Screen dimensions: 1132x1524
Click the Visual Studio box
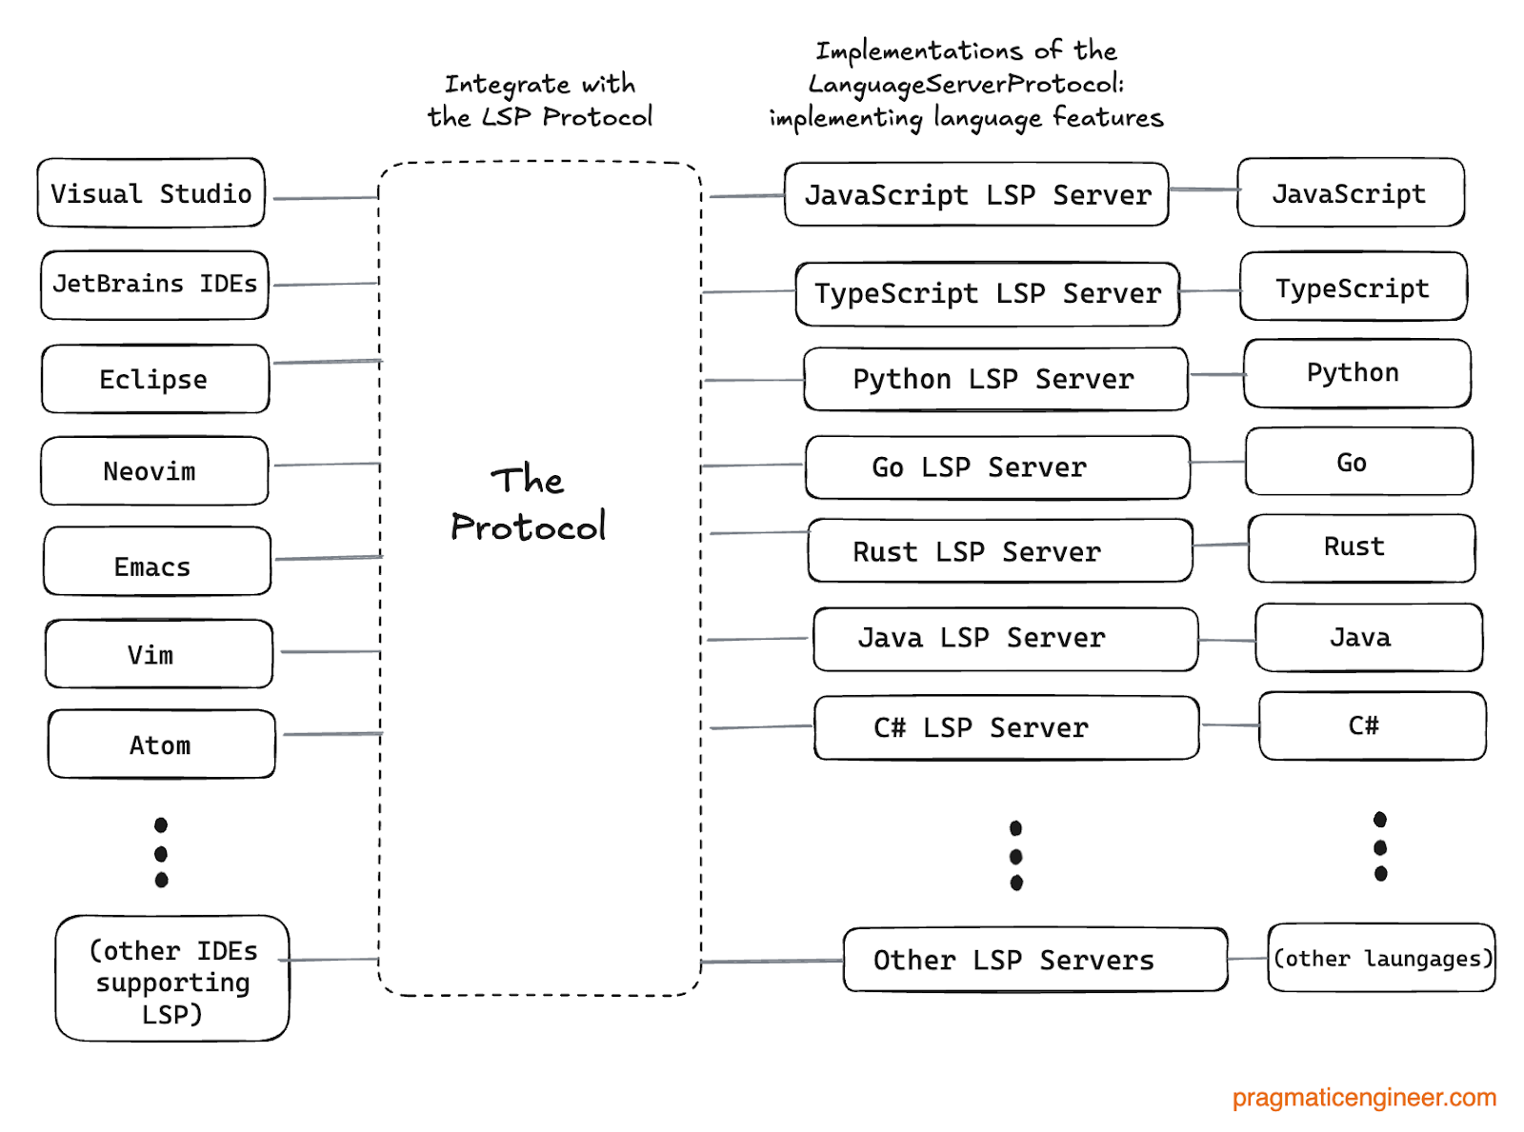tap(150, 193)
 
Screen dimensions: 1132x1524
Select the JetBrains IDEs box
tap(154, 285)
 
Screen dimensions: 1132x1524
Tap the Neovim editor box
tap(154, 471)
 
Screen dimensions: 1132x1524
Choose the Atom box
tap(162, 745)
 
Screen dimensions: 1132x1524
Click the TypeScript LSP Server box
tap(987, 294)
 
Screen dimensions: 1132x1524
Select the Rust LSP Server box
tap(999, 551)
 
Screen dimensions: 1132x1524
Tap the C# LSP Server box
tap(1006, 728)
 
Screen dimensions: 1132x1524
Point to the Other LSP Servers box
tap(1034, 960)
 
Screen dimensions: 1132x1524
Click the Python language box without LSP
tap(1356, 373)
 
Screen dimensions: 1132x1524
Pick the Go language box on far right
tap(1358, 463)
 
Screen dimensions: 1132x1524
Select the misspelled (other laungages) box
tap(1381, 958)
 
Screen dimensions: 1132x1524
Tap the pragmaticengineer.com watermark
tap(1364, 1098)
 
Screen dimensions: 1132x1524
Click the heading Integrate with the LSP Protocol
tap(540, 101)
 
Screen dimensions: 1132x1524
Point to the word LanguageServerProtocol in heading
tap(964, 85)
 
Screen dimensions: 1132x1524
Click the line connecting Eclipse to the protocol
tap(327, 362)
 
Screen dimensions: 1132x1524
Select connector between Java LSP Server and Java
tap(1227, 640)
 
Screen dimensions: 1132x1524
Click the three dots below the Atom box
tap(161, 852)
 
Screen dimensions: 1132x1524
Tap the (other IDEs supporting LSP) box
tap(172, 980)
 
